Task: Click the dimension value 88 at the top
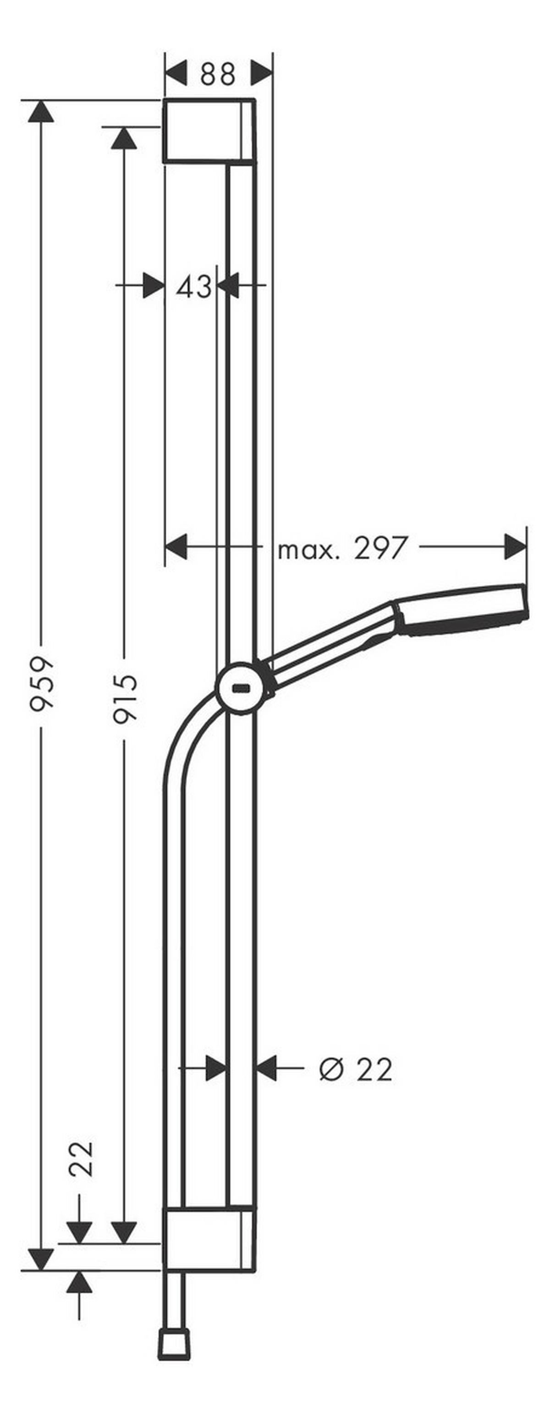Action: pyautogui.click(x=218, y=74)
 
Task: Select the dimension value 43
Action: pyautogui.click(x=193, y=287)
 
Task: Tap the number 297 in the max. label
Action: pyautogui.click(x=381, y=548)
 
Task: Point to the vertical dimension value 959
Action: pyautogui.click(x=42, y=684)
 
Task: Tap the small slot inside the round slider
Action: pyautogui.click(x=240, y=688)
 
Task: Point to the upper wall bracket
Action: pyautogui.click(x=209, y=131)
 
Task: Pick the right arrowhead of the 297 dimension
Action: pyautogui.click(x=516, y=547)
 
